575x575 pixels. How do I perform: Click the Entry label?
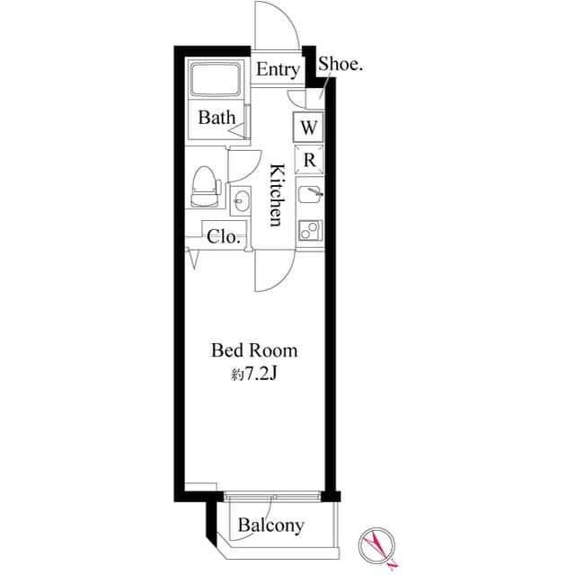(278, 70)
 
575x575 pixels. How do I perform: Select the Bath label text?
(217, 118)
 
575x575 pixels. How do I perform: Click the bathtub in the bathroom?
(216, 84)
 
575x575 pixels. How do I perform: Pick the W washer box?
(308, 128)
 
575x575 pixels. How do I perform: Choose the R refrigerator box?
(308, 161)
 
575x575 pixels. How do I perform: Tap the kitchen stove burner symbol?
(309, 230)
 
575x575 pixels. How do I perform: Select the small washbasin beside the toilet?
(240, 200)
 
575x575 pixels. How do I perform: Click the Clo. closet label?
(223, 237)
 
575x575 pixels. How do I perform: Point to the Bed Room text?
(253, 350)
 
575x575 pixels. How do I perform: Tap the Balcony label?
(270, 526)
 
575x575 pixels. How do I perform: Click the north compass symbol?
(377, 544)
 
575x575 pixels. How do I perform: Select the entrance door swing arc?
(278, 27)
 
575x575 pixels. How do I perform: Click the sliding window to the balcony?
(271, 495)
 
